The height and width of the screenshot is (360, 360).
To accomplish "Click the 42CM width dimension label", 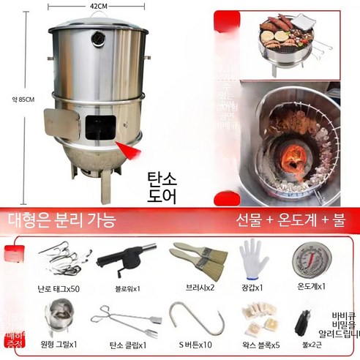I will click(99, 7).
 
